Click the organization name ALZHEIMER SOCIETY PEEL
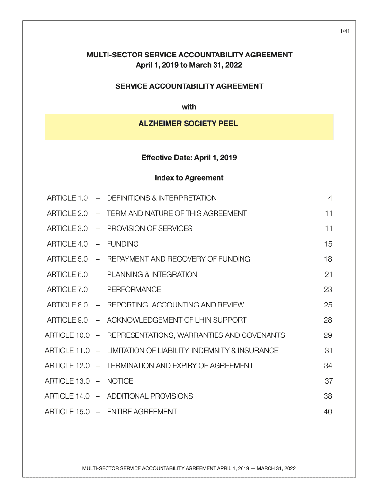[x=189, y=124]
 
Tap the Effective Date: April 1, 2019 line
[x=189, y=158]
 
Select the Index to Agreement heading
[x=189, y=178]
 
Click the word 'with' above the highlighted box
[x=189, y=107]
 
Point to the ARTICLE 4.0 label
[x=67, y=244]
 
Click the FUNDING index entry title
[x=123, y=244]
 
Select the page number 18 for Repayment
[x=328, y=259]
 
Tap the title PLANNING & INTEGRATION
[x=152, y=274]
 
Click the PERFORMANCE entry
[x=134, y=289]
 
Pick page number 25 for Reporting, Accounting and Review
[x=328, y=305]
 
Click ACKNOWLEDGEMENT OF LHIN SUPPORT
[x=177, y=320]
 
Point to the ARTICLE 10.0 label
[x=67, y=335]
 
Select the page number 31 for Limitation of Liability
[x=328, y=350]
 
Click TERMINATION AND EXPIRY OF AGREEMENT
[x=180, y=365]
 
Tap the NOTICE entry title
[x=120, y=381]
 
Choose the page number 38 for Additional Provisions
[x=328, y=396]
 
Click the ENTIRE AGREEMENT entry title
[x=142, y=411]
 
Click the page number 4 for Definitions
[x=330, y=198]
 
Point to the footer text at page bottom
[x=189, y=468]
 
